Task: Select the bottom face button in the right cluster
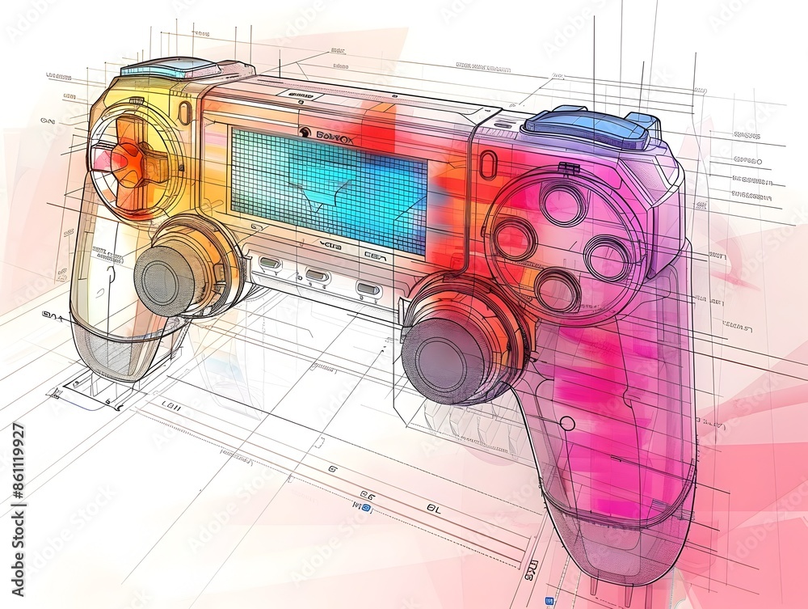pos(558,290)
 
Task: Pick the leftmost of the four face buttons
pos(514,239)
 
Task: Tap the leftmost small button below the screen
pos(269,263)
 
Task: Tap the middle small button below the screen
pos(317,275)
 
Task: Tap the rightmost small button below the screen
pos(368,289)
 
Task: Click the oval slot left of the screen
pos(185,112)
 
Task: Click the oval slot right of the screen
pos(486,165)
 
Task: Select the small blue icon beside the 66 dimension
pos(367,507)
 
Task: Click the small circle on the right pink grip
pos(567,423)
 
